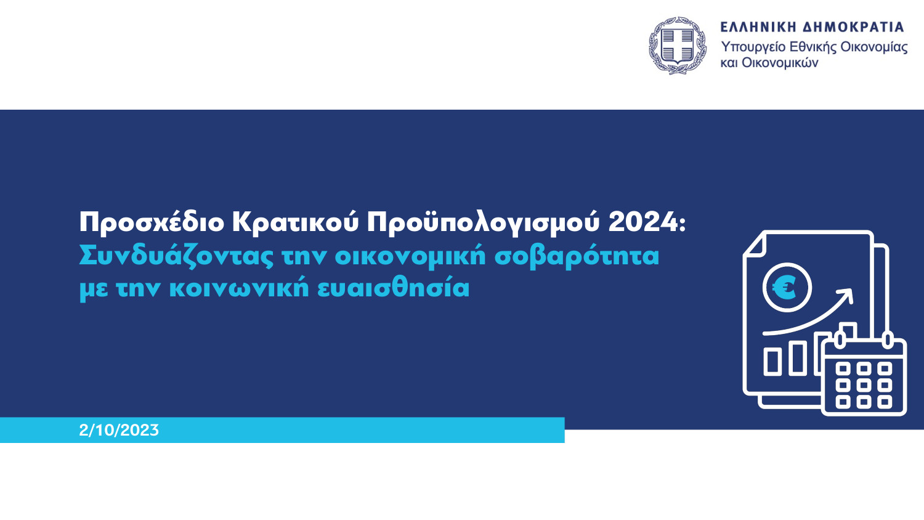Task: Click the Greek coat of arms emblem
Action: (677, 46)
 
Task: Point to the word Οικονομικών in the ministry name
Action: (780, 63)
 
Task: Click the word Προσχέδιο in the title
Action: (152, 222)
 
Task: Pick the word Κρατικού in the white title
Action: (295, 222)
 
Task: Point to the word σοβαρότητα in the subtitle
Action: (577, 256)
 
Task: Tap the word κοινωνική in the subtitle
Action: (239, 288)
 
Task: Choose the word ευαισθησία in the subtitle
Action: (393, 288)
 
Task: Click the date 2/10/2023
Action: (119, 430)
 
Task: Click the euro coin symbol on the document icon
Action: (787, 288)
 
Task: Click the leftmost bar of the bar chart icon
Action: (772, 362)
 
